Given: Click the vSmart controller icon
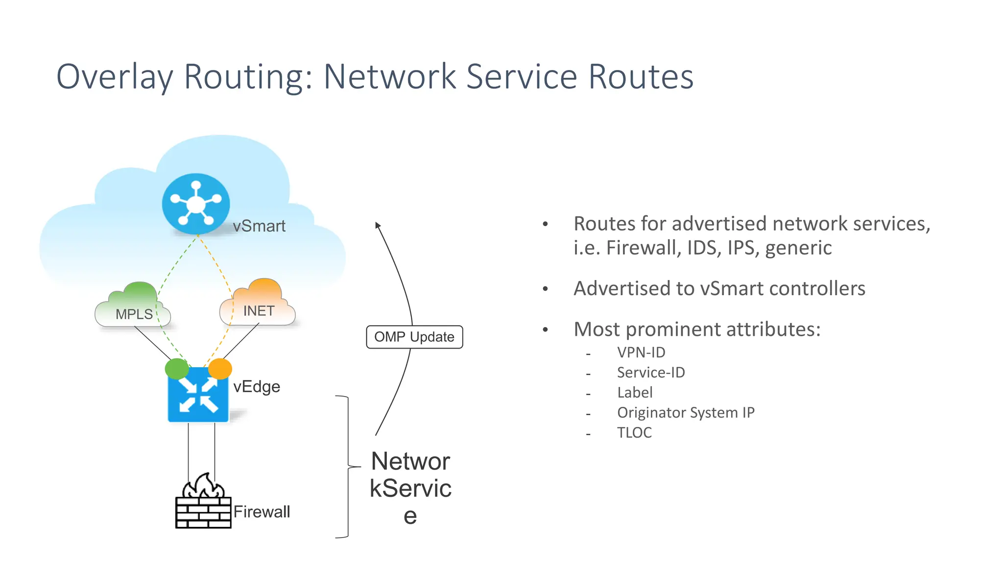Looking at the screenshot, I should pyautogui.click(x=196, y=204).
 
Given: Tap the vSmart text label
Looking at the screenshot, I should pyautogui.click(x=259, y=226).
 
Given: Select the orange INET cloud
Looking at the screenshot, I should pyautogui.click(x=258, y=305).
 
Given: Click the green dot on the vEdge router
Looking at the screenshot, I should pyautogui.click(x=177, y=368).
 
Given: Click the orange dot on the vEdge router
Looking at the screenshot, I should pyautogui.click(x=220, y=368).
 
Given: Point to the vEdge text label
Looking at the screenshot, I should pyautogui.click(x=257, y=387).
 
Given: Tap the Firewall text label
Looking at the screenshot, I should pyautogui.click(x=262, y=512).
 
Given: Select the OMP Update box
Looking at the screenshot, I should pyautogui.click(x=414, y=337).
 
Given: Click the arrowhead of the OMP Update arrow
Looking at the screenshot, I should pyautogui.click(x=377, y=225).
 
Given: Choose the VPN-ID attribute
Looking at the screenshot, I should pyautogui.click(x=641, y=352).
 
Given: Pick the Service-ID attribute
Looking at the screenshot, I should pyautogui.click(x=650, y=373).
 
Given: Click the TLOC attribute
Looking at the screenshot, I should pyautogui.click(x=634, y=433).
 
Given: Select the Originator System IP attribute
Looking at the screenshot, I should pyautogui.click(x=685, y=413).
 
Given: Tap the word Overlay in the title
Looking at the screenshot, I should pyautogui.click(x=115, y=77).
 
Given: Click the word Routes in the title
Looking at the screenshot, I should pyautogui.click(x=641, y=77).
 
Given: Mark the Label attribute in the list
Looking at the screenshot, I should pyautogui.click(x=635, y=393).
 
